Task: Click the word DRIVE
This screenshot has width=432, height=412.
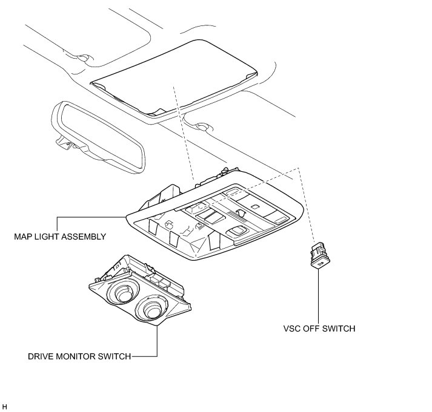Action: click(x=41, y=356)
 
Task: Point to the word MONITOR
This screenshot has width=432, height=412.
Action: click(x=76, y=356)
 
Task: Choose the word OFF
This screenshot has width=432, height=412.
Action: click(x=314, y=329)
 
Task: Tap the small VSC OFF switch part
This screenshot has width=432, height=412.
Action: click(x=319, y=256)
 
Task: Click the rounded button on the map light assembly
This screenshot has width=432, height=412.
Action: click(x=236, y=231)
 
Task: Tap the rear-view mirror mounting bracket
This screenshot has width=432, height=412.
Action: click(x=64, y=142)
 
